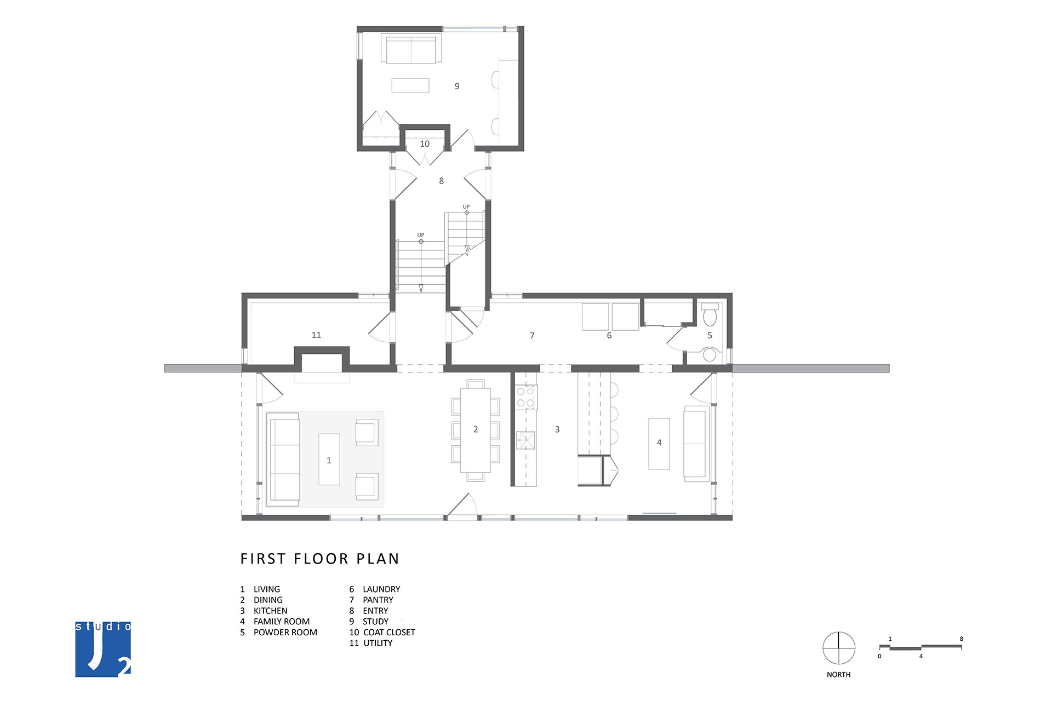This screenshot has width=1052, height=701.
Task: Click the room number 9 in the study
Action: (457, 86)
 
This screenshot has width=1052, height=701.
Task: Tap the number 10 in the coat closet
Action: (425, 144)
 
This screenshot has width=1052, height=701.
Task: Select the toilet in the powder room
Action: (710, 314)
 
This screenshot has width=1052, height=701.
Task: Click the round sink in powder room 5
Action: (710, 354)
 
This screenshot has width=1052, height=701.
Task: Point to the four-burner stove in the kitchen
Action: (525, 397)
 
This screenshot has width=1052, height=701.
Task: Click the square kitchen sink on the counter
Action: (526, 440)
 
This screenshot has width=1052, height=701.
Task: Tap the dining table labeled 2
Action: (475, 429)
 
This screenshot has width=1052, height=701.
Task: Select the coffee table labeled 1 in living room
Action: (329, 459)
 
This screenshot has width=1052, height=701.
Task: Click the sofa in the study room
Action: (411, 50)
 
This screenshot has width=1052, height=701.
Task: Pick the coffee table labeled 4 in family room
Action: (659, 443)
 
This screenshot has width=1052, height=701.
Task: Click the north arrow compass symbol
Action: (839, 648)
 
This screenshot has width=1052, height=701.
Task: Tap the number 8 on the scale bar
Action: (961, 639)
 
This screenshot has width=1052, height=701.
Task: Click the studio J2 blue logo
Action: (103, 649)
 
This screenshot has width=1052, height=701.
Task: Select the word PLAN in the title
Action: (378, 559)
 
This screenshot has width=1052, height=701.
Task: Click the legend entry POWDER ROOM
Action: (285, 633)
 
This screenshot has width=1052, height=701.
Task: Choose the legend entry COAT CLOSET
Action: (389, 633)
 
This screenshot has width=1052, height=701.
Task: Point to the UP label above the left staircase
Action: (420, 235)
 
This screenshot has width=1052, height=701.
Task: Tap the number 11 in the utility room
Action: (316, 335)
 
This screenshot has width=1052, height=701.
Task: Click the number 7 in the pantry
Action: (532, 336)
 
